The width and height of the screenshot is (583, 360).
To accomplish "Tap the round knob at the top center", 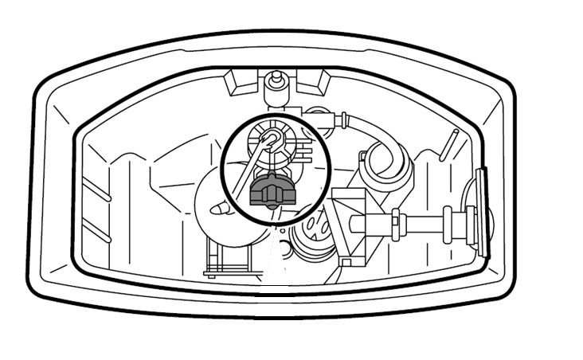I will tap(277, 80).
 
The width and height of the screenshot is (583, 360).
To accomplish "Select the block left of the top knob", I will tap(239, 80).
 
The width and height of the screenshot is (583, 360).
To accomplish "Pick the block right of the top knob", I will tap(315, 80).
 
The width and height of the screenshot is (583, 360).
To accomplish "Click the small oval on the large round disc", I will tap(218, 209).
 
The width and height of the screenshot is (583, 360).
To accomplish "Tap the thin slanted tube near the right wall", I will tap(450, 145).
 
